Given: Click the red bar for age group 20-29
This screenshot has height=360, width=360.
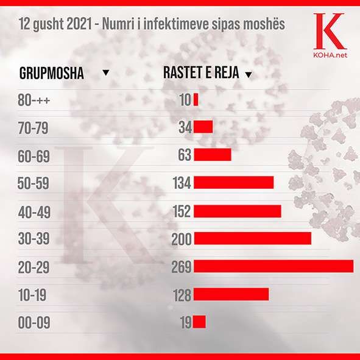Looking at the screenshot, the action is pyautogui.click(x=274, y=266).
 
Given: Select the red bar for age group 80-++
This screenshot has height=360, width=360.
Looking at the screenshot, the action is pyautogui.click(x=196, y=100).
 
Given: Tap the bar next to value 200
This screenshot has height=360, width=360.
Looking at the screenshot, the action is pyautogui.click(x=253, y=238).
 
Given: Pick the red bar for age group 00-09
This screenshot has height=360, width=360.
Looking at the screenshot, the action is pyautogui.click(x=199, y=322).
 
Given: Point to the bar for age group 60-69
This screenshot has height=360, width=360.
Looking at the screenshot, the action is pyautogui.click(x=213, y=155).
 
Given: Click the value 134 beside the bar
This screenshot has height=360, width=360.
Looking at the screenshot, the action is pyautogui.click(x=182, y=183).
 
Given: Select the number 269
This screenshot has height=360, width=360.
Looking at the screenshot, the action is pyautogui.click(x=182, y=267).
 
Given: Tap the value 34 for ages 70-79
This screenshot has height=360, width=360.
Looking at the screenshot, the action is pyautogui.click(x=185, y=127).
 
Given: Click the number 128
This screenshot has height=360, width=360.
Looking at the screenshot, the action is pyautogui.click(x=182, y=295).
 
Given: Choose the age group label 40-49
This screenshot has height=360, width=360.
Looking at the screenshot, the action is pyautogui.click(x=34, y=212).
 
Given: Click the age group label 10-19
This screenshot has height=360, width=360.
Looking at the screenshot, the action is pyautogui.click(x=32, y=295).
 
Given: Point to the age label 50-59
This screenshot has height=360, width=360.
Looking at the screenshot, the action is pyautogui.click(x=34, y=183).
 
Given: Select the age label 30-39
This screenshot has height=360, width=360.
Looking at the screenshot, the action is pyautogui.click(x=34, y=239).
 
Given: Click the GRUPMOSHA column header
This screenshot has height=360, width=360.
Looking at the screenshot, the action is pyautogui.click(x=52, y=73).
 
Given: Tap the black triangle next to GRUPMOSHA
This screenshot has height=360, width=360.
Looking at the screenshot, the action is pyautogui.click(x=106, y=72).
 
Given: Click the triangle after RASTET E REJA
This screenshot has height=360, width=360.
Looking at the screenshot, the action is pyautogui.click(x=249, y=74).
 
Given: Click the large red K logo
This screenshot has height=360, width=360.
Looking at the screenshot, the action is pyautogui.click(x=330, y=31).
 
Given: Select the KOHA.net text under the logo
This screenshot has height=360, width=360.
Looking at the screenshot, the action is pyautogui.click(x=330, y=55).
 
